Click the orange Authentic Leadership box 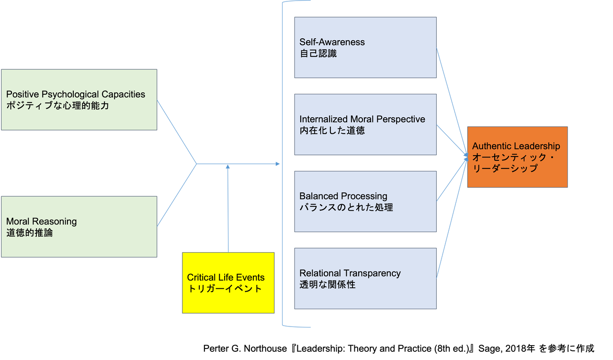[517, 157]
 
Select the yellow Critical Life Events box [228, 283]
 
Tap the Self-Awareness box [365, 47]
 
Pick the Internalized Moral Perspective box [365, 124]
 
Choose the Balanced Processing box [365, 202]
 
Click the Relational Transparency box [365, 279]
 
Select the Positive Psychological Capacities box [79, 100]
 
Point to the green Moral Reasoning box [79, 227]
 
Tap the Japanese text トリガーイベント [225, 289]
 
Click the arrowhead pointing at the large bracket [278, 164]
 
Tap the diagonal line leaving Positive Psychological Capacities [177, 132]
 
